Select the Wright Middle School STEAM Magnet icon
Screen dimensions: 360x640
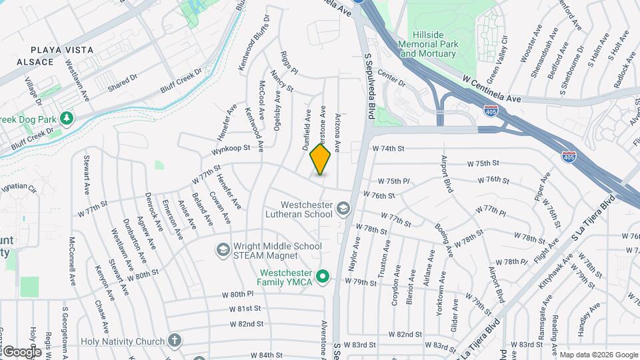223,250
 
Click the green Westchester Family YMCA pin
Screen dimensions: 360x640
323,276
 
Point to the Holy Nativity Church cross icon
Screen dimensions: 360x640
175,341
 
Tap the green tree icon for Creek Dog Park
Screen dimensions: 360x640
66,119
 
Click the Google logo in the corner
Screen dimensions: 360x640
21,351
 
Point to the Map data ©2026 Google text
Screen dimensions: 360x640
599,355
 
